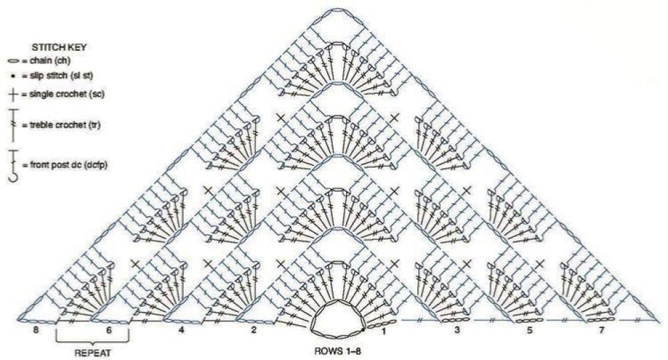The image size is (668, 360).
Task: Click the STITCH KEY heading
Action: [x=59, y=47]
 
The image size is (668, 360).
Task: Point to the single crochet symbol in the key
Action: [x=13, y=95]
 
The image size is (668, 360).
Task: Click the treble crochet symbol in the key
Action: [x=13, y=126]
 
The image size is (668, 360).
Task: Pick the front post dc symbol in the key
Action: [x=13, y=165]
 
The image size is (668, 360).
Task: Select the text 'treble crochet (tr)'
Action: [x=65, y=126]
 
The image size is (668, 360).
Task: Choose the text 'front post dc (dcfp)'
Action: [x=68, y=165]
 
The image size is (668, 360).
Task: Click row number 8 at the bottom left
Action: [x=36, y=330]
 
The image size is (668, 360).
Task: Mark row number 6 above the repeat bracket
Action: [x=109, y=330]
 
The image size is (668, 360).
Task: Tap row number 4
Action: [x=182, y=330]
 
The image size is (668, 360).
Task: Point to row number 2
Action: [x=255, y=330]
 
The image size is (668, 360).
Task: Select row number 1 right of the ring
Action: [x=383, y=330]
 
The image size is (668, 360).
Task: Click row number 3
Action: [x=457, y=330]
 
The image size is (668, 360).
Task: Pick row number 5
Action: [x=530, y=330]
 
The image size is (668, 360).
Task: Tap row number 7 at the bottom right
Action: [x=602, y=330]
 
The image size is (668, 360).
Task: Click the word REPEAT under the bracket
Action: [x=93, y=353]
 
